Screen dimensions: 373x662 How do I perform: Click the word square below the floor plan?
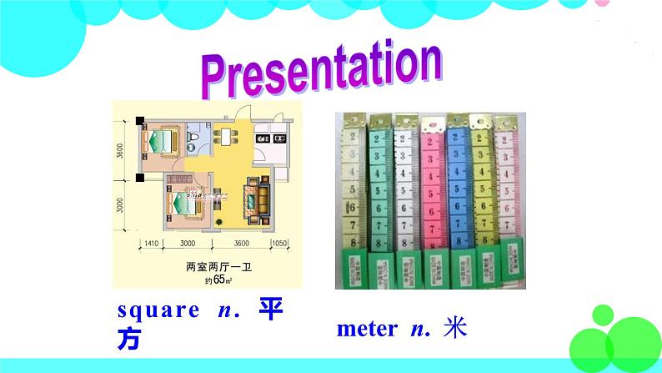tap(154, 311)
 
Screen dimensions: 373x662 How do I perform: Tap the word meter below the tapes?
tap(367, 329)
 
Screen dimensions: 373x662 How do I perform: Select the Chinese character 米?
tap(454, 327)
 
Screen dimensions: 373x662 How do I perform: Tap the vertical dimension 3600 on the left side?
tap(121, 151)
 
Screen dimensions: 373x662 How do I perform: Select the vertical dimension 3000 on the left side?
tap(121, 207)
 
